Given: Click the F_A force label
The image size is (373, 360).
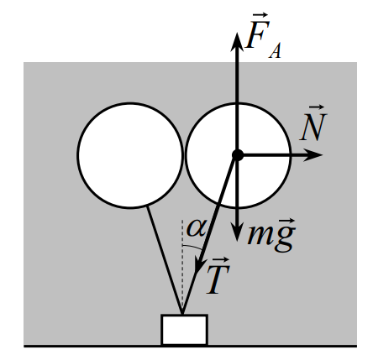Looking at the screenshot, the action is point(263,36).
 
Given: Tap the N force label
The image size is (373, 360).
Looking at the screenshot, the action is point(313,123).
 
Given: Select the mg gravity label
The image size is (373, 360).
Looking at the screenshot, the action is point(271,234).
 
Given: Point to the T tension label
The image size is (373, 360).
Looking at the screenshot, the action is point(218,276).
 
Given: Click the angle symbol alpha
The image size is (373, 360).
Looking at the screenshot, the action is point(197,228).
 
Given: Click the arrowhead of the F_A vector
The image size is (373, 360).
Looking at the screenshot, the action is point(237,42).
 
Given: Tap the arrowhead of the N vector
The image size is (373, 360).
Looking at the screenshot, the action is point(313,155).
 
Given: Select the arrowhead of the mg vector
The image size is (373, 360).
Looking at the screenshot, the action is point(237,232).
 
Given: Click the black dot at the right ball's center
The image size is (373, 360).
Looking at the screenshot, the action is point(238,155).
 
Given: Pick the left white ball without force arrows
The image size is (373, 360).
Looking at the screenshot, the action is point(130,155).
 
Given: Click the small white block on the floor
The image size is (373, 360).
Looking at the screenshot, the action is point(184,330).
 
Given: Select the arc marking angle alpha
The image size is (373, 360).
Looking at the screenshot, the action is point(192,247).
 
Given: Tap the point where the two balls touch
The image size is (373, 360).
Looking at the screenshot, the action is point(184,155).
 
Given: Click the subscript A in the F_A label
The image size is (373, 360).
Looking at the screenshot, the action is point(275,51).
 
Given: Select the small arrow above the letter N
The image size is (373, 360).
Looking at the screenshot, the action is point(317,107).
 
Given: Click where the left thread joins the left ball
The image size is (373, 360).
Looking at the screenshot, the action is point(147,206).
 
